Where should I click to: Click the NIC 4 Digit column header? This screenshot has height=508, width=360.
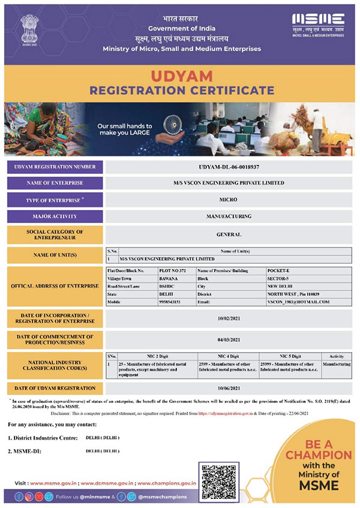[228, 356]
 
